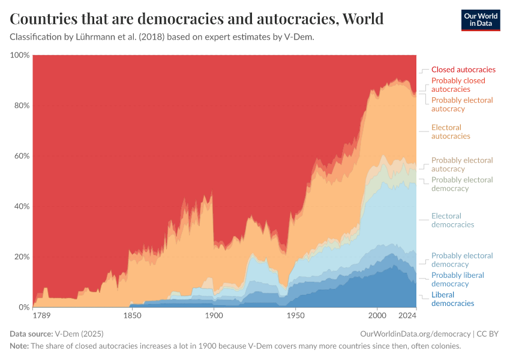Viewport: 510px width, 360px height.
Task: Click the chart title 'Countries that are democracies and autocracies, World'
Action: pos(197,19)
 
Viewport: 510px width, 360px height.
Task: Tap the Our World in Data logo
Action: pos(480,20)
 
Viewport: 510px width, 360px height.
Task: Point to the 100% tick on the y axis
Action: pos(20,55)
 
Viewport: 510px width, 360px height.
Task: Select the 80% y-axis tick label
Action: pos(22,106)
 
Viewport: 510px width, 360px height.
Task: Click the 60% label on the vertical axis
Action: pos(22,156)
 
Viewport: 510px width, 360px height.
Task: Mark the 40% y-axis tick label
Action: pos(22,206)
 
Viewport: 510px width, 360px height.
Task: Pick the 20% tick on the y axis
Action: pos(22,257)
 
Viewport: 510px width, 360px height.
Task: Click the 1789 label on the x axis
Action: pos(41,315)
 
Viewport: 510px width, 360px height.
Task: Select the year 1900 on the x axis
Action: pos(214,315)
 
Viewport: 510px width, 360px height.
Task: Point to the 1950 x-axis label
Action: pos(295,315)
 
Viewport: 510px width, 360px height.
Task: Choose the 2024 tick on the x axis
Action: pos(407,315)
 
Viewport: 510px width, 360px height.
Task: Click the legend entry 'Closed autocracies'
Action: pos(463,70)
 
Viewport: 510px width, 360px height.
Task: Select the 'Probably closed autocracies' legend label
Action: pos(458,85)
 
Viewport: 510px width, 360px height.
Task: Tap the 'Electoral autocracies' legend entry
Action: pos(451,132)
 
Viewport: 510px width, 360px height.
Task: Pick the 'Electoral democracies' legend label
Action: pos(452,220)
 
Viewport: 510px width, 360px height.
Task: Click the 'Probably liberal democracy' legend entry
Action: pos(457,280)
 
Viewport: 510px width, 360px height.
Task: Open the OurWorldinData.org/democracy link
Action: pos(415,334)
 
